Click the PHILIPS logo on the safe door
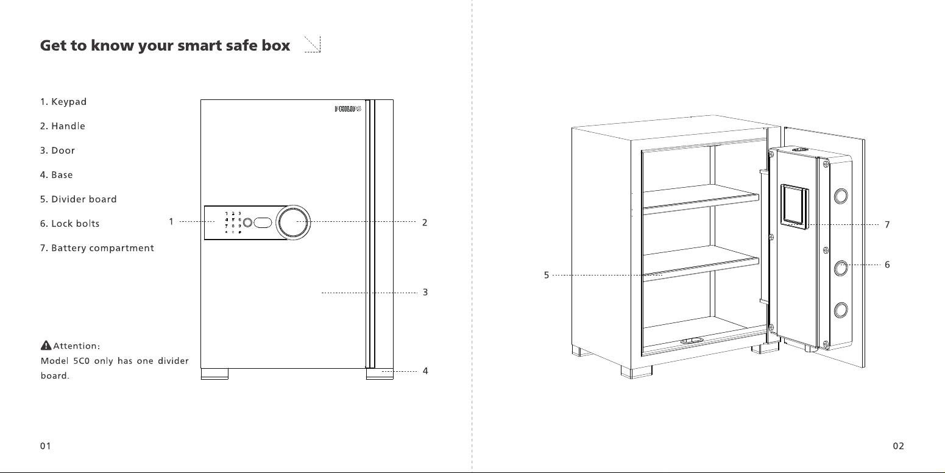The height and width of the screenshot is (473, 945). (348, 109)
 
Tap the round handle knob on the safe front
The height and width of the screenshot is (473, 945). (293, 222)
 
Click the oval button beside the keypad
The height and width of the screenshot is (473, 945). (263, 222)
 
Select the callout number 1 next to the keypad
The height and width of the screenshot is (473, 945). (171, 221)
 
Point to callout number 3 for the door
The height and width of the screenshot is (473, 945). (425, 292)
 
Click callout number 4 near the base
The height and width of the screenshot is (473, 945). (425, 371)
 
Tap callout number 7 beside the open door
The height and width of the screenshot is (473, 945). (887, 224)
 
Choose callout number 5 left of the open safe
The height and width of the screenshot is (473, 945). (547, 275)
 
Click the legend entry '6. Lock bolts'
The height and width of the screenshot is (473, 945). (69, 224)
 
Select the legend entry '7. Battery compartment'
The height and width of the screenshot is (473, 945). (97, 248)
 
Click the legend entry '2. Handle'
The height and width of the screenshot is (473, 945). (62, 126)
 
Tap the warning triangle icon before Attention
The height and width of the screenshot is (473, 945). (46, 346)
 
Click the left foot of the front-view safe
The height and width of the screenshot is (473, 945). (214, 374)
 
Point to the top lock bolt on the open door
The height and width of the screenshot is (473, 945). (841, 196)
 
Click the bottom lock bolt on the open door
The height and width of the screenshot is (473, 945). (841, 310)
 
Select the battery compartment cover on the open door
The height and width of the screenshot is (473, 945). (795, 207)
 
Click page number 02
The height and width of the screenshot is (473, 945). (898, 446)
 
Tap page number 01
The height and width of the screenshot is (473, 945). (46, 446)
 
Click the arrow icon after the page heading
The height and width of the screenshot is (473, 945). (313, 44)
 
